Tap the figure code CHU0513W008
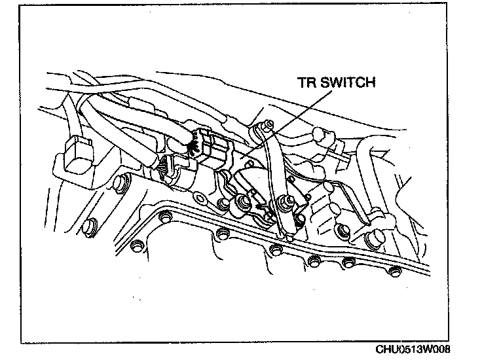413,349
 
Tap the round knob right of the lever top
319,136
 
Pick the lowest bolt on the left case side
86,227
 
